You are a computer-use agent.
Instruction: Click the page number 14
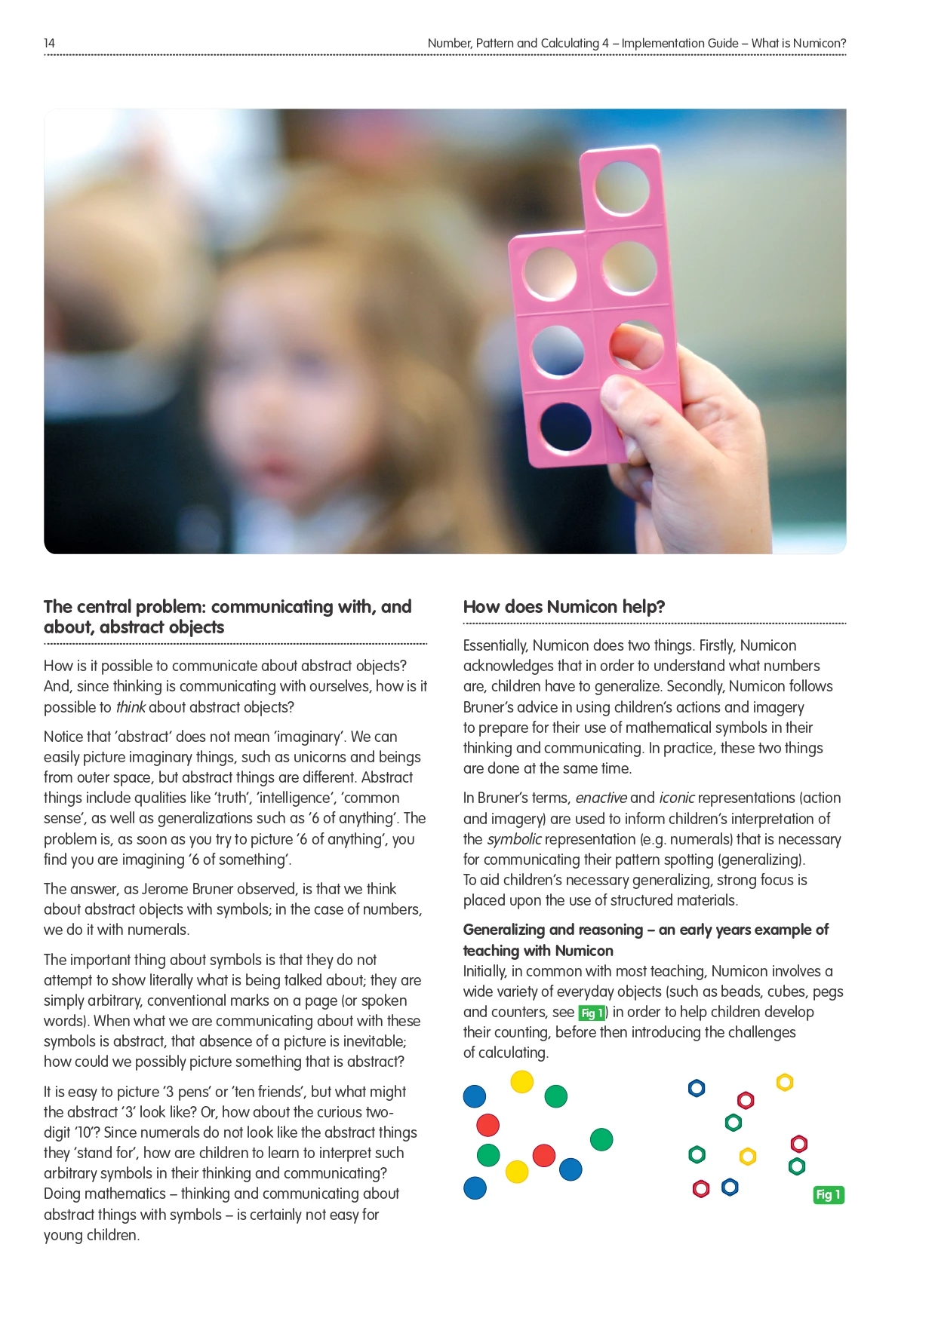click(49, 44)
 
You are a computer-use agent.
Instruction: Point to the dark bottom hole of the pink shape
click(564, 427)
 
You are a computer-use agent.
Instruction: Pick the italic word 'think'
click(130, 707)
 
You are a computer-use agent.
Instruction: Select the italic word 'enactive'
click(601, 798)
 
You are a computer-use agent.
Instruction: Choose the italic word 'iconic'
click(676, 798)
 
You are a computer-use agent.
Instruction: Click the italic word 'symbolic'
click(514, 839)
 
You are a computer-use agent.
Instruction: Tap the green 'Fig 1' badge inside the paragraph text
click(591, 1013)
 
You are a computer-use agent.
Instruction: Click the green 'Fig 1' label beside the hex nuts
click(828, 1195)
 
